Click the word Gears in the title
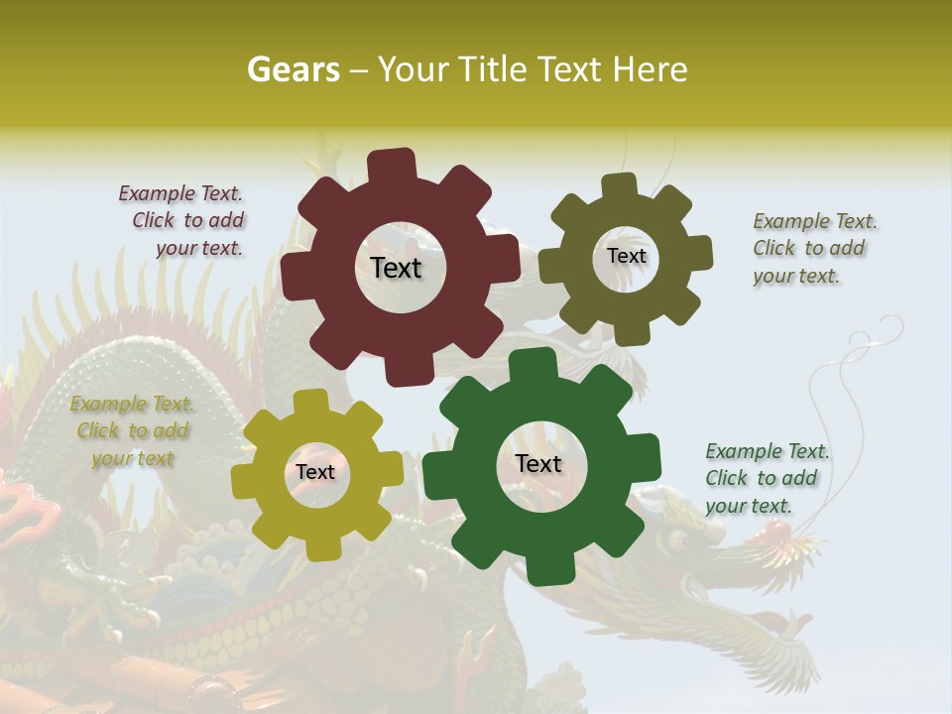[293, 69]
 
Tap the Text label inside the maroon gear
[396, 268]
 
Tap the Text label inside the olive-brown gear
[626, 256]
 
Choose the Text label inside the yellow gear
[315, 472]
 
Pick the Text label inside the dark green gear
[538, 463]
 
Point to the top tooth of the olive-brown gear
[620, 186]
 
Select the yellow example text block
[132, 431]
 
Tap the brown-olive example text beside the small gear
[813, 249]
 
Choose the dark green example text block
[766, 478]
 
